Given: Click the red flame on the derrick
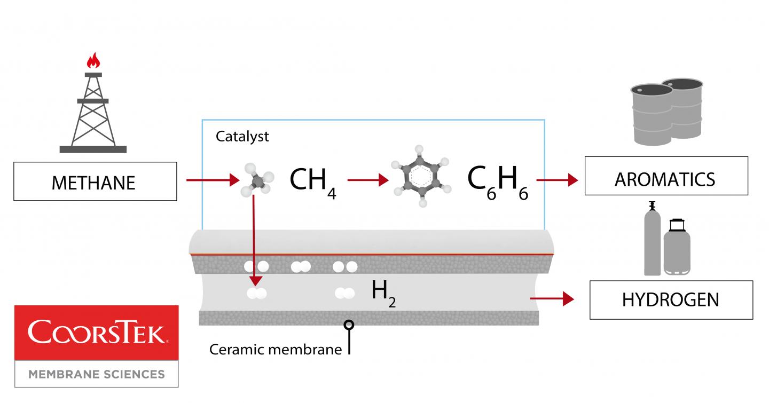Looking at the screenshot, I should pos(93,60).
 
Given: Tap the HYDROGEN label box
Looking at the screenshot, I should pos(671,299).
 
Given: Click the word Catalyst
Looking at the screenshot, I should pos(242,136).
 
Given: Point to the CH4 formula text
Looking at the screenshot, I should pos(313,182).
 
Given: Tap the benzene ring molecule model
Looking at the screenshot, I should pos(421,181).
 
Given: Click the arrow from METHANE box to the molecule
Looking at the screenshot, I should pos(213,180).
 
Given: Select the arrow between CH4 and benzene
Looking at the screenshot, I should pos(368,180).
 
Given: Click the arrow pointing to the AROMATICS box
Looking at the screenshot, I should pos(558,180).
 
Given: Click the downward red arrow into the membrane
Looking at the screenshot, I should pos(255,240).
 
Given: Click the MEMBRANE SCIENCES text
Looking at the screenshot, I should pos(96,374).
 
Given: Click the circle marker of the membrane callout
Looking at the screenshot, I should pos(349,324).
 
